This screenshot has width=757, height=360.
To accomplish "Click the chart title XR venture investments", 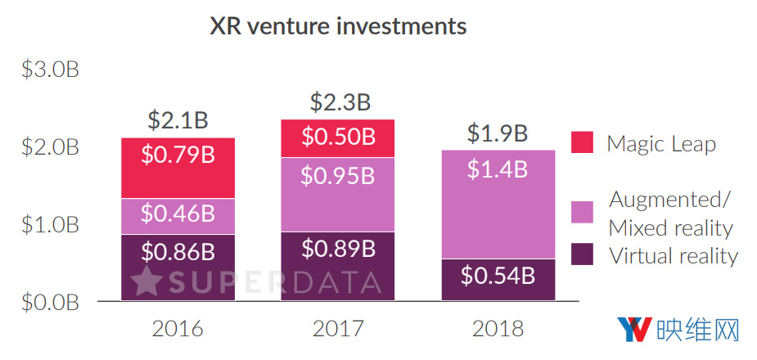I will (x=339, y=26).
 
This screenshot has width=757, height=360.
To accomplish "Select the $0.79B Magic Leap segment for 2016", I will (x=178, y=168).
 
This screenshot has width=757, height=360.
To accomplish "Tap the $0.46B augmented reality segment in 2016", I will (x=178, y=216).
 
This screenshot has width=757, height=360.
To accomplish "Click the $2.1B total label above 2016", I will (x=178, y=120).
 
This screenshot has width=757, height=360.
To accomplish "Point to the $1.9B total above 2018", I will (x=498, y=133).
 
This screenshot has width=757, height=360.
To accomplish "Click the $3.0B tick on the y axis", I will (x=50, y=70).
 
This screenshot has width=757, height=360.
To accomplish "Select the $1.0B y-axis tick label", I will (x=50, y=225).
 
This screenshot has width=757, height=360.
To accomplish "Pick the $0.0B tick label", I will (x=50, y=302).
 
